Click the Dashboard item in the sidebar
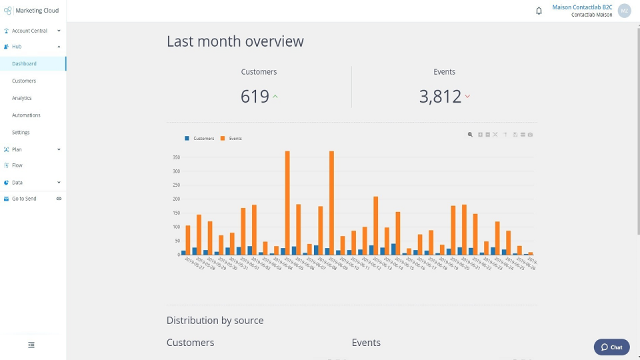point(24,64)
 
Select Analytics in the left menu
point(22,98)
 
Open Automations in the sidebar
point(26,115)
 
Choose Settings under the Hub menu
point(21,133)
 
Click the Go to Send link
point(24,199)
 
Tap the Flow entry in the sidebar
point(17,165)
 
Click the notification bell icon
point(539,11)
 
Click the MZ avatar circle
point(624,11)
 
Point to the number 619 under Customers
point(255,97)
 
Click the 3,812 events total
point(440,97)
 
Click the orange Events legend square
point(223,139)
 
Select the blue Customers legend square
point(187,139)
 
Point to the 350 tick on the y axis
point(176,157)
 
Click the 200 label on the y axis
point(176,199)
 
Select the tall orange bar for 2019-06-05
point(287,200)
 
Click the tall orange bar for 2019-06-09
point(331,200)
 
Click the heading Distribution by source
point(215,321)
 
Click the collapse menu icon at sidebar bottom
point(31,345)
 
